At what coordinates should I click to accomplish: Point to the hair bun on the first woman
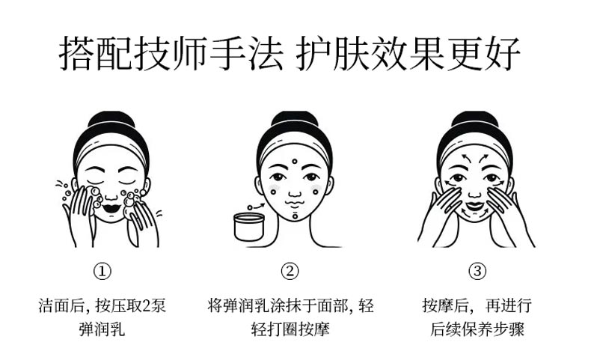pos(111,120)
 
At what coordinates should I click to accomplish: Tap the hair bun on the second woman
pos(293,120)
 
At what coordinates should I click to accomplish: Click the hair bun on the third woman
pos(474,120)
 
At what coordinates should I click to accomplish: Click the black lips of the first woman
pos(111,202)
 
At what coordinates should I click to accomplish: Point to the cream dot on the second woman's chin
pos(294,216)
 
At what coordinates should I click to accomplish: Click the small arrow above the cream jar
pos(256,203)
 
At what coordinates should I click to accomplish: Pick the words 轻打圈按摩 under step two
pos(292,329)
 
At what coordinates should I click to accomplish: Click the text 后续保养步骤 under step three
pos(477,329)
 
